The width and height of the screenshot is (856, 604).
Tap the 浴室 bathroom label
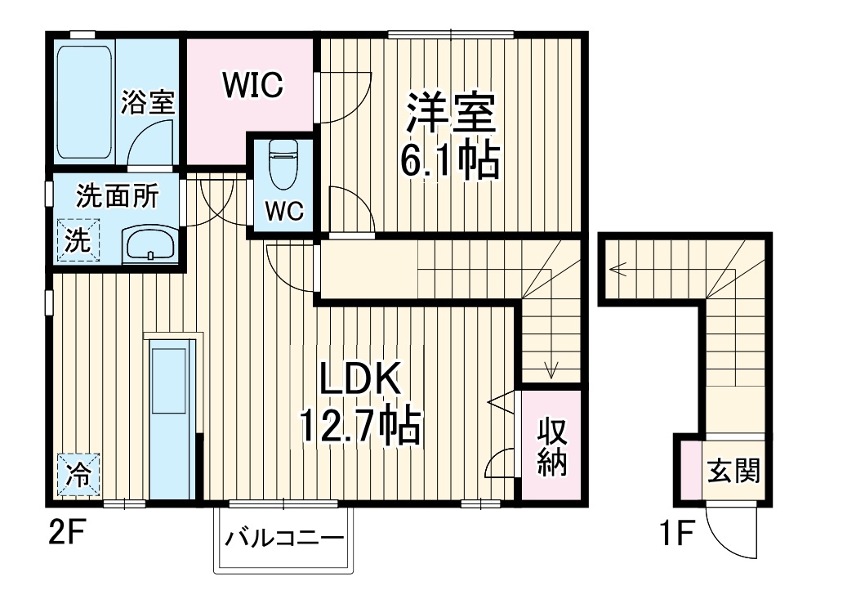click(x=148, y=104)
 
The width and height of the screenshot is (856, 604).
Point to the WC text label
click(x=283, y=210)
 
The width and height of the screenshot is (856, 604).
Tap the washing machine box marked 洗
click(x=76, y=240)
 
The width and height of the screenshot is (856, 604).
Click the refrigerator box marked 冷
click(x=78, y=474)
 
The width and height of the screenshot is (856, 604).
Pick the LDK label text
click(x=359, y=381)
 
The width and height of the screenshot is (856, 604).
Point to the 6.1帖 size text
click(x=449, y=162)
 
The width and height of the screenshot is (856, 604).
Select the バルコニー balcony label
click(x=283, y=539)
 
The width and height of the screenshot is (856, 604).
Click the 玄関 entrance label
click(x=733, y=471)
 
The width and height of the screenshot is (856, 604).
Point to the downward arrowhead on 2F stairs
click(x=552, y=373)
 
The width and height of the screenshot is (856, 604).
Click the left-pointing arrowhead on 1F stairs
click(x=613, y=266)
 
